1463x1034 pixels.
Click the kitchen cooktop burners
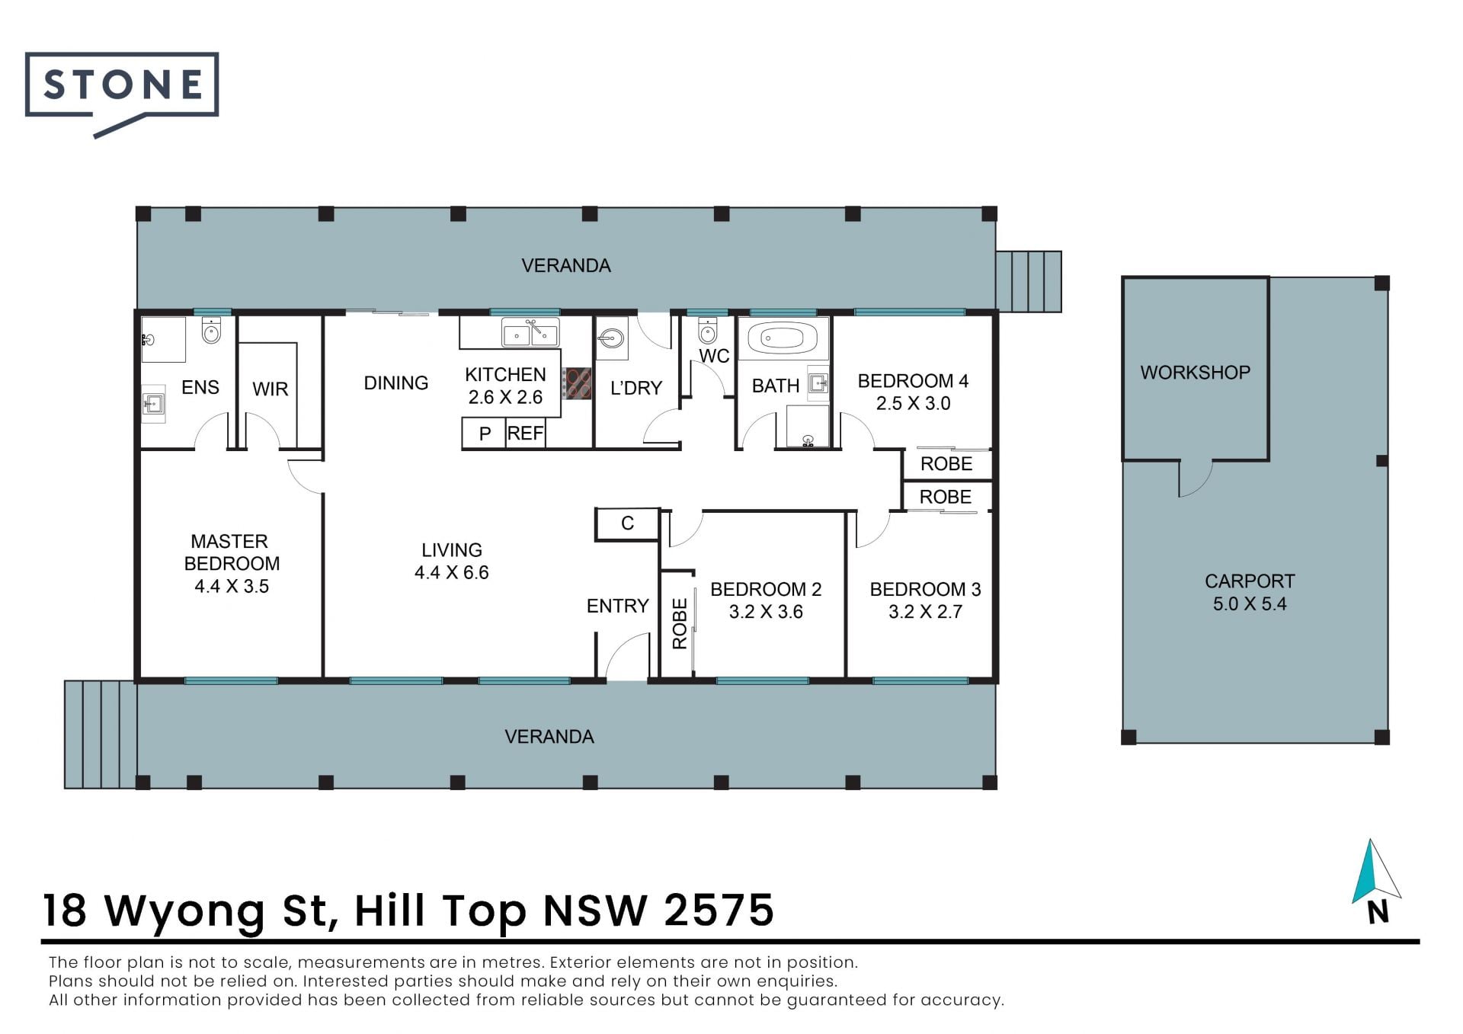click(577, 383)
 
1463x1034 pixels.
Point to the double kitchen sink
click(530, 333)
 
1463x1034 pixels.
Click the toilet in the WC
click(708, 330)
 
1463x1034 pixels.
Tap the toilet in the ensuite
click(211, 330)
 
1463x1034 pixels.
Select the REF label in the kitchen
click(525, 434)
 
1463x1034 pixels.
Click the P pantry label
click(485, 434)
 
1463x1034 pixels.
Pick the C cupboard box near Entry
click(627, 523)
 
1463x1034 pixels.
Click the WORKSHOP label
click(1195, 373)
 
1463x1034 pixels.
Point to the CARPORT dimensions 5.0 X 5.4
click(1250, 604)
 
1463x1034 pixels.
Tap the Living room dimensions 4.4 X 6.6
click(452, 573)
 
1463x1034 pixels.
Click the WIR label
click(271, 389)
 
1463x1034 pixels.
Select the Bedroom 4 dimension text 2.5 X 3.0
click(913, 404)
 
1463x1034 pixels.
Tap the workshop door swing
click(1195, 479)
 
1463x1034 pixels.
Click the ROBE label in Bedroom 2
click(680, 623)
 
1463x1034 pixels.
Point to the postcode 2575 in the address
click(719, 911)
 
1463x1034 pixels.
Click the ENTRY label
click(617, 607)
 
